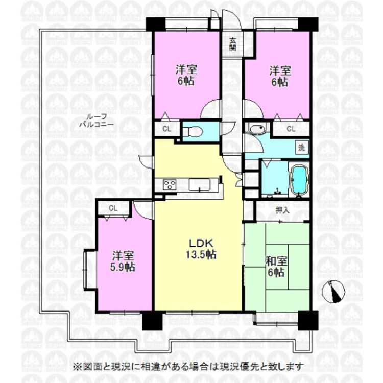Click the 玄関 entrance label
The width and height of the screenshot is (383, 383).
coord(233,44)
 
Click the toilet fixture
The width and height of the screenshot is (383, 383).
coord(193,132)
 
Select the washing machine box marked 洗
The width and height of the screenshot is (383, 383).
coord(301,149)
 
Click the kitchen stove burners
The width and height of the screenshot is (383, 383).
coord(170,185)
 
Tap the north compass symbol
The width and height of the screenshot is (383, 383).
coord(334,291)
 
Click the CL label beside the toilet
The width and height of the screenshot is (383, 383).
coord(166,129)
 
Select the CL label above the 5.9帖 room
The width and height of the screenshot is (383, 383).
coord(113,208)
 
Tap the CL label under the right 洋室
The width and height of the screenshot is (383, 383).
coord(291,129)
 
